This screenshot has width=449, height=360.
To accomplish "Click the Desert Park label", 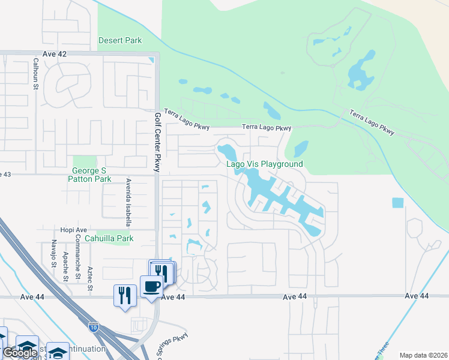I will tap(120, 41).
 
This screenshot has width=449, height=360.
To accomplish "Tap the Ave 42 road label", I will tap(54, 54).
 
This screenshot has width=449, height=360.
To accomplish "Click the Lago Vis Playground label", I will tap(264, 164).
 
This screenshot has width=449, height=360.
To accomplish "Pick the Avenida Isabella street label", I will tap(128, 203).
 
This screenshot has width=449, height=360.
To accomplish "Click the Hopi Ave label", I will tap(74, 229).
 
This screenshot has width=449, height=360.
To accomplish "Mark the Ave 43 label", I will tap(6, 174).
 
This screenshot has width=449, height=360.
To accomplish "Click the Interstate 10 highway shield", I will tap(93, 326).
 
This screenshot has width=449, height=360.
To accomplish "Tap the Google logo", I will tap(20, 353).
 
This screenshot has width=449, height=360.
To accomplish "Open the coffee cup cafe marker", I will tap(150, 286).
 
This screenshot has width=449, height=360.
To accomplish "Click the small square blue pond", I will tap(398, 203).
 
